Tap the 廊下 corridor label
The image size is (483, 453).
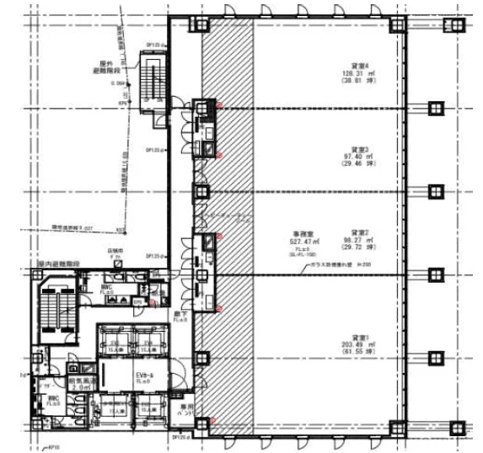[x=179, y=317]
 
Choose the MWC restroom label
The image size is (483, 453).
[x=106, y=287]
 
